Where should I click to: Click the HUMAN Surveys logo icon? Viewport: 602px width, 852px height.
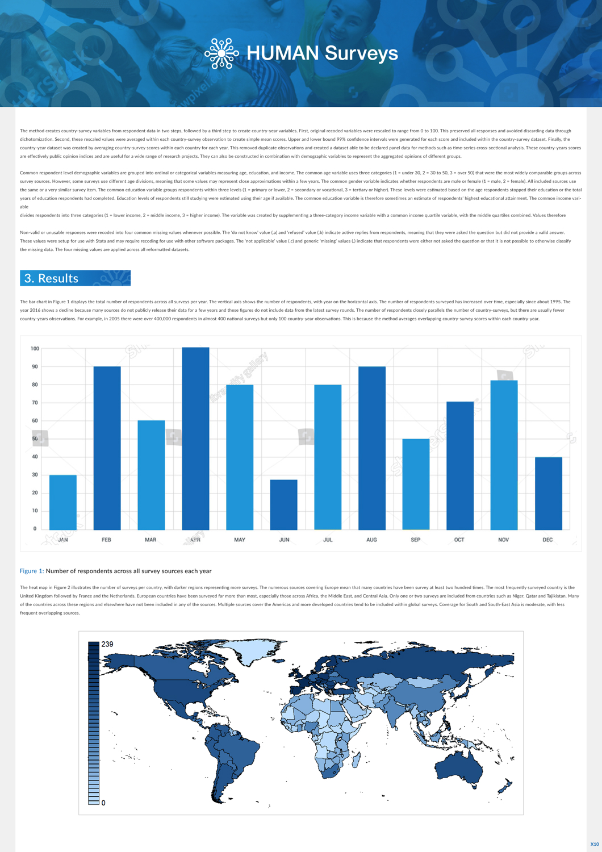coord(221,53)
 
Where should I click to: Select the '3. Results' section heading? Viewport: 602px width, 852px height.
coord(75,278)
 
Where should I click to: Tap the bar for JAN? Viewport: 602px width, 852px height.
coord(63,503)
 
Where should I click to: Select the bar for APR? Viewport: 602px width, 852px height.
coord(195,438)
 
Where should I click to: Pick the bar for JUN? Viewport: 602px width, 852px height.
coord(283,505)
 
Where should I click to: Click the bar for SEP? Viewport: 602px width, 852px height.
coord(416,485)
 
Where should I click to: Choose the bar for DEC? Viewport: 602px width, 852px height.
coord(548,494)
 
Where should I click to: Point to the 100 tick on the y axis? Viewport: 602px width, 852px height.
coord(35,349)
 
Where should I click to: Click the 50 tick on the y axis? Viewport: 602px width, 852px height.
coord(35,439)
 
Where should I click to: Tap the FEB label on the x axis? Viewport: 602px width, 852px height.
coord(106,540)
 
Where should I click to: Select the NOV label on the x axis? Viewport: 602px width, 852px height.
coord(503,540)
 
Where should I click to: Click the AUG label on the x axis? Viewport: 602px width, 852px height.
coord(371,540)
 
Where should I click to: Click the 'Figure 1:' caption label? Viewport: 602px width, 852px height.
coord(32,571)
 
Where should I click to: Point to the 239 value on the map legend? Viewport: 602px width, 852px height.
coord(107,644)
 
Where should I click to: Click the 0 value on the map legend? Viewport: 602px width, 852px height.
coord(103,803)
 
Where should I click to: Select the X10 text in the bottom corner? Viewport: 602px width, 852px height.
coord(594,844)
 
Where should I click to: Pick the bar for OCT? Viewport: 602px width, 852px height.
coord(460,466)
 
